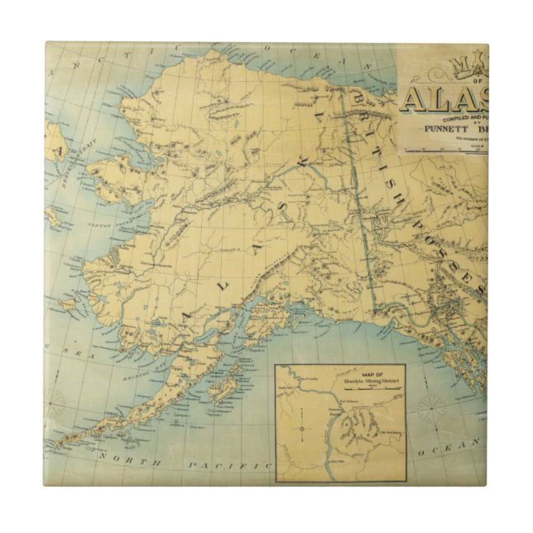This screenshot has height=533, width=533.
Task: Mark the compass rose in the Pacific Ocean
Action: (431, 405)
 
